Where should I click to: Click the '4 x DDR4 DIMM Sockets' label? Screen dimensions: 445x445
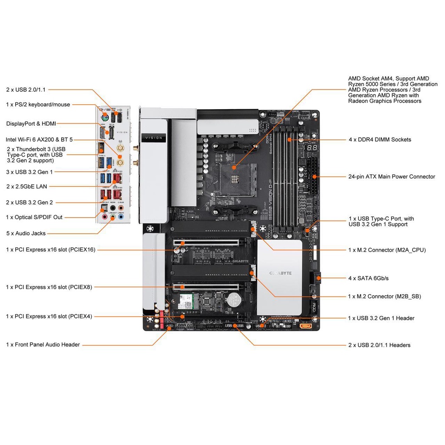tap(379, 139)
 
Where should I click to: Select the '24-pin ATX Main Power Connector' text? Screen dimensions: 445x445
tap(392, 177)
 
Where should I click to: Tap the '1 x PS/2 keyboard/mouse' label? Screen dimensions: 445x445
tap(38, 104)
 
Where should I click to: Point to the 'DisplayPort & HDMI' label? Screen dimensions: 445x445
tap(31, 124)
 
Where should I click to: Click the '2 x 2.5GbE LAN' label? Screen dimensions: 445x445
tap(27, 186)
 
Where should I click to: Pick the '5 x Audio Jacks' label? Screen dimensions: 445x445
tap(26, 233)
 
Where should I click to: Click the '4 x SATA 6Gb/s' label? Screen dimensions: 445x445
tap(369, 278)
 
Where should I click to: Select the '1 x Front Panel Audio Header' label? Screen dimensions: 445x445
tap(43, 345)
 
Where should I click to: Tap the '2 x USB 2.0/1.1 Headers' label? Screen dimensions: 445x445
tap(379, 345)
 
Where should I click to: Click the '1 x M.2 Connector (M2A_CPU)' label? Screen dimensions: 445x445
tap(387, 250)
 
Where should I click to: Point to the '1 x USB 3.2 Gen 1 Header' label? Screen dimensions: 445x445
tap(381, 318)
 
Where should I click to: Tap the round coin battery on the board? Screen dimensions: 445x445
tap(235, 299)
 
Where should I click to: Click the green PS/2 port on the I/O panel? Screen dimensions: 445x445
tap(105, 118)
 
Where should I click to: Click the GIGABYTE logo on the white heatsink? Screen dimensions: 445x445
tap(280, 273)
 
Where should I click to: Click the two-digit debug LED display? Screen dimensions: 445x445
tap(311, 149)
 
